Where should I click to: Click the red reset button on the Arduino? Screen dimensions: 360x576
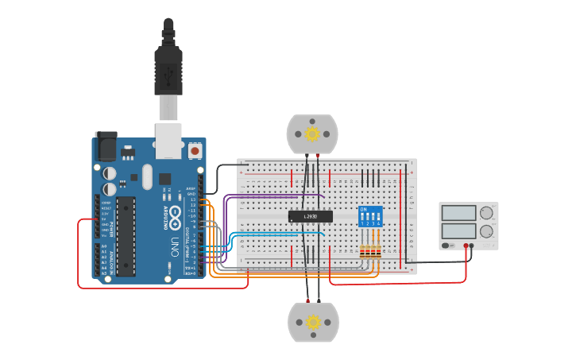click(195, 149)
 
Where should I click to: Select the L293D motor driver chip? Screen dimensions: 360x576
click(310, 216)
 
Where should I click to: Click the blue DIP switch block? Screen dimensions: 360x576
click(370, 216)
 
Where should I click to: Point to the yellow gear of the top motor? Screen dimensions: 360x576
click(312, 134)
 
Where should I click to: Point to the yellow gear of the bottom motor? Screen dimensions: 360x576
click(313, 322)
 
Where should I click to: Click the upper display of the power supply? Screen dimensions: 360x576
click(458, 213)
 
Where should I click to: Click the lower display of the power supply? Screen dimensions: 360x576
click(458, 231)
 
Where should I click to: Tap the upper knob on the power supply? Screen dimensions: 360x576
click(486, 212)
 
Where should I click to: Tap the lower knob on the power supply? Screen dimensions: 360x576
click(486, 231)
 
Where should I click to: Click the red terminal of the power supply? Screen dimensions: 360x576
click(466, 246)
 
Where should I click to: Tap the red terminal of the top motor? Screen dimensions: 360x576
click(318, 155)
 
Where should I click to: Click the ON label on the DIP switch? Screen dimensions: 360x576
click(363, 210)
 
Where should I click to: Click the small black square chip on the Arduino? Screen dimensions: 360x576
click(164, 179)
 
